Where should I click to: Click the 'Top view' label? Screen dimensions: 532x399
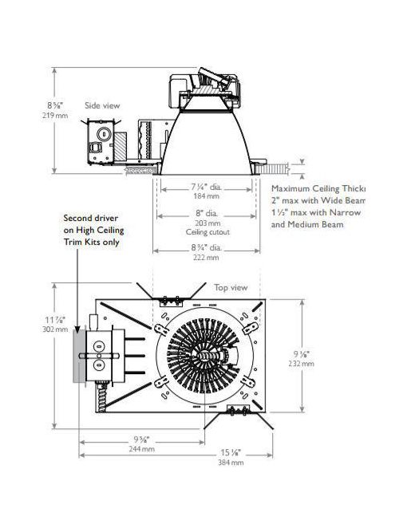coord(231,286)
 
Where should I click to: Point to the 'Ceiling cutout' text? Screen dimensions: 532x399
coord(207,232)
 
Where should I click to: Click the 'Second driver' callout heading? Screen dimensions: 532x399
coord(90,216)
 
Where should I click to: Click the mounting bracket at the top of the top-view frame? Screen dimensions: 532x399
coord(170,301)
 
